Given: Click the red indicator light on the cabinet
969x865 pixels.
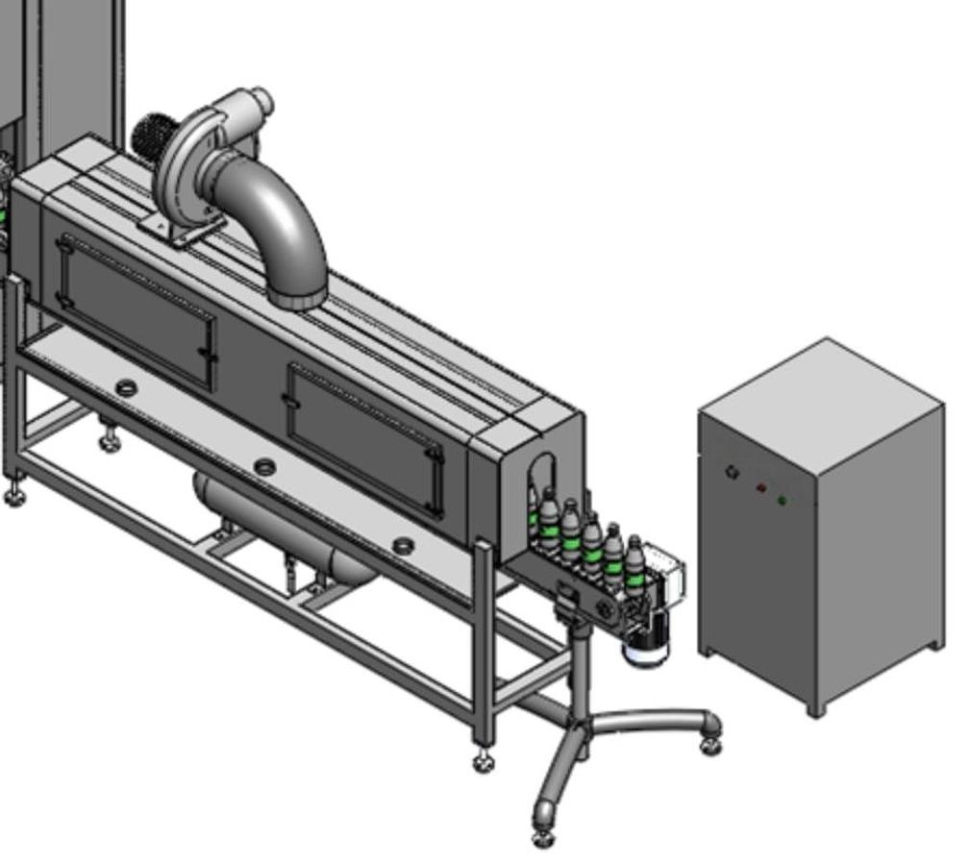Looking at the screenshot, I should coord(762,488).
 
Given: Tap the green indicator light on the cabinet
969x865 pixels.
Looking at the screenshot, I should coord(783,500).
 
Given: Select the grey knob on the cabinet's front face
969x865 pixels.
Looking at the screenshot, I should coord(733,472).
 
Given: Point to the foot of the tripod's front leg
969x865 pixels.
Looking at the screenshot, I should coord(543,836).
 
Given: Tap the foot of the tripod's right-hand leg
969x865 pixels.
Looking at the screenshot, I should coord(711,745).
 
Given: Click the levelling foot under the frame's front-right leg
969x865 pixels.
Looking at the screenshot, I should coord(484,761).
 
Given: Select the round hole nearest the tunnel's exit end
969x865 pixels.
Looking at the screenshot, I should coord(405,546).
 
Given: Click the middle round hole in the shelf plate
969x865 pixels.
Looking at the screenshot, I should coord(264,468).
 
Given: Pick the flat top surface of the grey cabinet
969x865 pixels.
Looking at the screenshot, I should coord(822,380).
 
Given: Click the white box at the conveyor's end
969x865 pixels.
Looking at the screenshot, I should coord(664,567).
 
